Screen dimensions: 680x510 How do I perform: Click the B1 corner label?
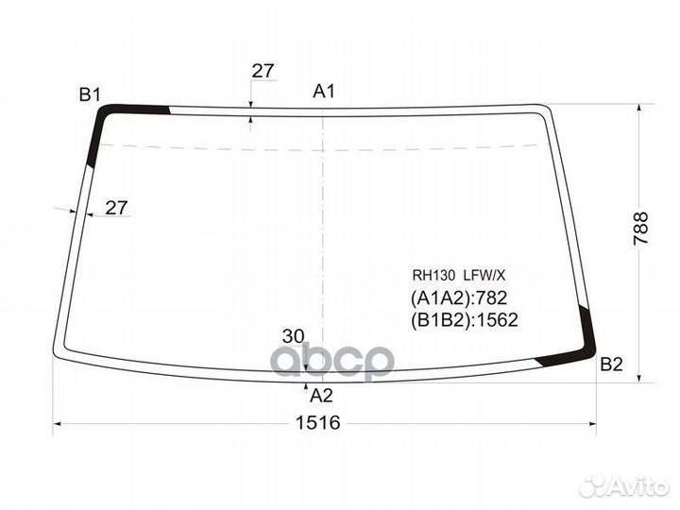click(x=90, y=94)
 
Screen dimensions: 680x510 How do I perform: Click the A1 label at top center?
click(x=324, y=92)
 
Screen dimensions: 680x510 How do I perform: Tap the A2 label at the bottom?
click(x=321, y=396)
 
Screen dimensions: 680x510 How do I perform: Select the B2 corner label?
click(x=611, y=365)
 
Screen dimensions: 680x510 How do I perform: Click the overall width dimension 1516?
click(x=318, y=422)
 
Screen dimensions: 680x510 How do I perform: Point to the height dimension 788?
click(x=640, y=229)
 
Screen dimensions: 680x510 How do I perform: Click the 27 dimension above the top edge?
click(x=263, y=71)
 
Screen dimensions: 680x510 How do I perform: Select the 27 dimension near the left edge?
click(x=117, y=208)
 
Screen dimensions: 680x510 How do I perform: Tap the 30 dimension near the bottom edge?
click(x=294, y=336)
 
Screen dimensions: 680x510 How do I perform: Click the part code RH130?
click(x=433, y=275)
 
